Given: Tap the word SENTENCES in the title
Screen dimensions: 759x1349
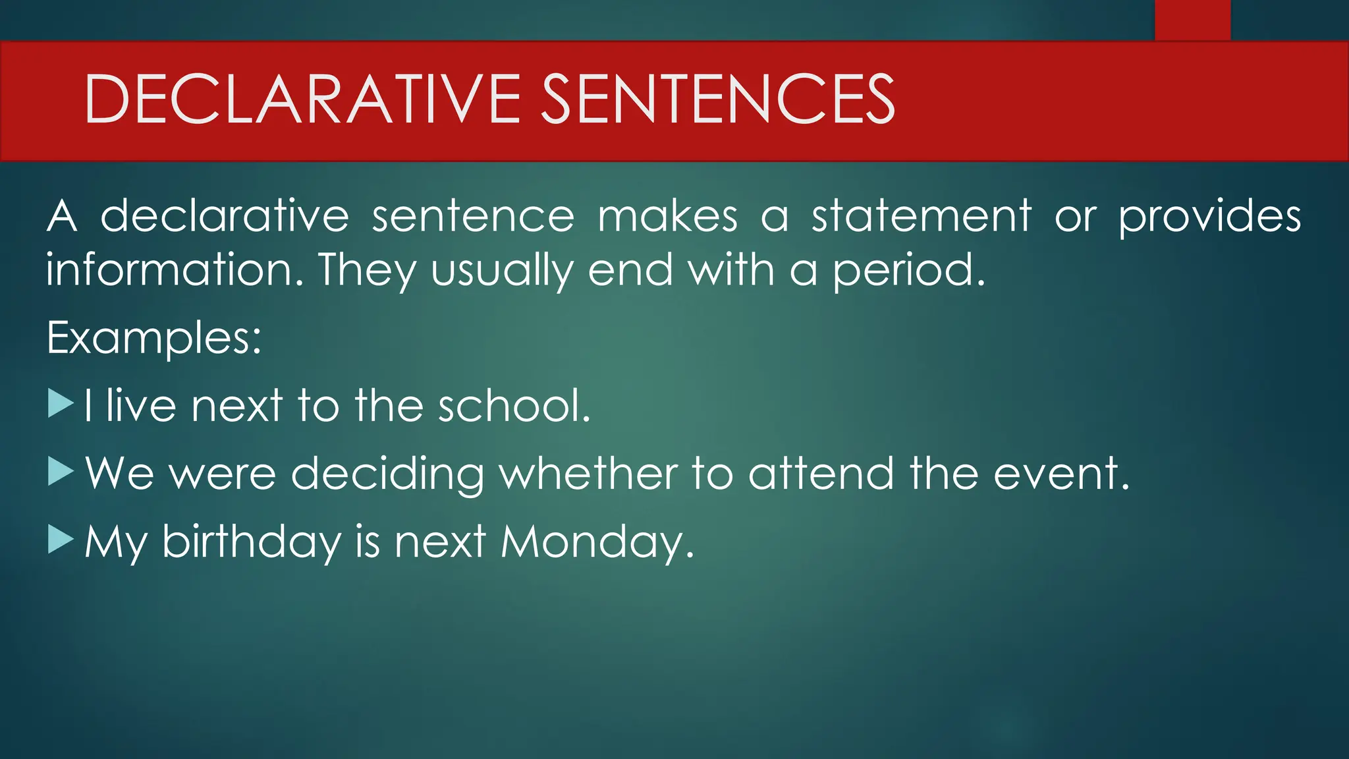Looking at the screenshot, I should pyautogui.click(x=717, y=99).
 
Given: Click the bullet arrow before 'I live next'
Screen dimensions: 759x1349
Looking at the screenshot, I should pyautogui.click(x=61, y=404).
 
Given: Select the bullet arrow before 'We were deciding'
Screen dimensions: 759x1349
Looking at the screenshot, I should pyautogui.click(x=61, y=472).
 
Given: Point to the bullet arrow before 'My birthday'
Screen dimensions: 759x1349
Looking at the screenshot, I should pyautogui.click(x=61, y=540).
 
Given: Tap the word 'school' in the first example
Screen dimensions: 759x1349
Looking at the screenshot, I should pyautogui.click(x=514, y=405).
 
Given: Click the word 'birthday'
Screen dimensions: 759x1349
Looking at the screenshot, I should pyautogui.click(x=251, y=542).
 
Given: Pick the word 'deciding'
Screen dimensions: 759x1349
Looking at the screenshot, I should pyautogui.click(x=387, y=474).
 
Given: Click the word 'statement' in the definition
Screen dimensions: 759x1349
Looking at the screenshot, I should pyautogui.click(x=921, y=216).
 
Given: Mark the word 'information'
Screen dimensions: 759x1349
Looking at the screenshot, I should pyautogui.click(x=175, y=269).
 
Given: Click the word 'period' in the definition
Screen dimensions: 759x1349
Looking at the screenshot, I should pyautogui.click(x=908, y=271).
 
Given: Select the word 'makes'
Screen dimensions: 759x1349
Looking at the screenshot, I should pyautogui.click(x=667, y=216).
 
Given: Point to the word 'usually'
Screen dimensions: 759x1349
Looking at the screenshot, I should pyautogui.click(x=502, y=271).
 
